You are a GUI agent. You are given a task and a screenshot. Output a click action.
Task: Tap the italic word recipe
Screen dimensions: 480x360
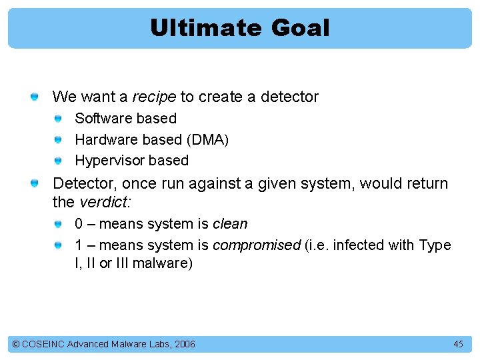(x=154, y=97)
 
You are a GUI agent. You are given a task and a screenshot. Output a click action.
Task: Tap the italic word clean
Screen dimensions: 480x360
(x=229, y=224)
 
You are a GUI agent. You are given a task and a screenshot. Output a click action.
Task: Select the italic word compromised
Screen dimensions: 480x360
(x=257, y=245)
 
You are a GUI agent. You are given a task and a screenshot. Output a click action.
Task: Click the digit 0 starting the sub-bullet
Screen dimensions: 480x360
(x=79, y=224)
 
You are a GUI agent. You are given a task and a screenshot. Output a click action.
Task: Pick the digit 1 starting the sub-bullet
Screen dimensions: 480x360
(x=79, y=245)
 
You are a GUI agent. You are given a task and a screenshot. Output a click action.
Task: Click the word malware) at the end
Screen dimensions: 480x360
(x=163, y=263)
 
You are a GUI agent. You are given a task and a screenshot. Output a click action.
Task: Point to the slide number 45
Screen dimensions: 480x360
(x=458, y=344)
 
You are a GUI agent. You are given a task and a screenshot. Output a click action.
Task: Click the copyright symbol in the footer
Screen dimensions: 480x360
(x=16, y=344)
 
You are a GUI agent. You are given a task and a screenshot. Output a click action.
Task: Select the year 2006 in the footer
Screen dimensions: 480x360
(x=184, y=344)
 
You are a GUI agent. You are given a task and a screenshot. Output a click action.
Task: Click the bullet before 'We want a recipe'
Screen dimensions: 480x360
(x=33, y=97)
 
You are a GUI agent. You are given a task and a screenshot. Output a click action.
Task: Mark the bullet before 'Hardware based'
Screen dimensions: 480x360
(x=59, y=140)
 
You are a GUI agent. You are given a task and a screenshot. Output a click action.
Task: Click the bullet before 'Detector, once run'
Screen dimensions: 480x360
(x=33, y=183)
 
